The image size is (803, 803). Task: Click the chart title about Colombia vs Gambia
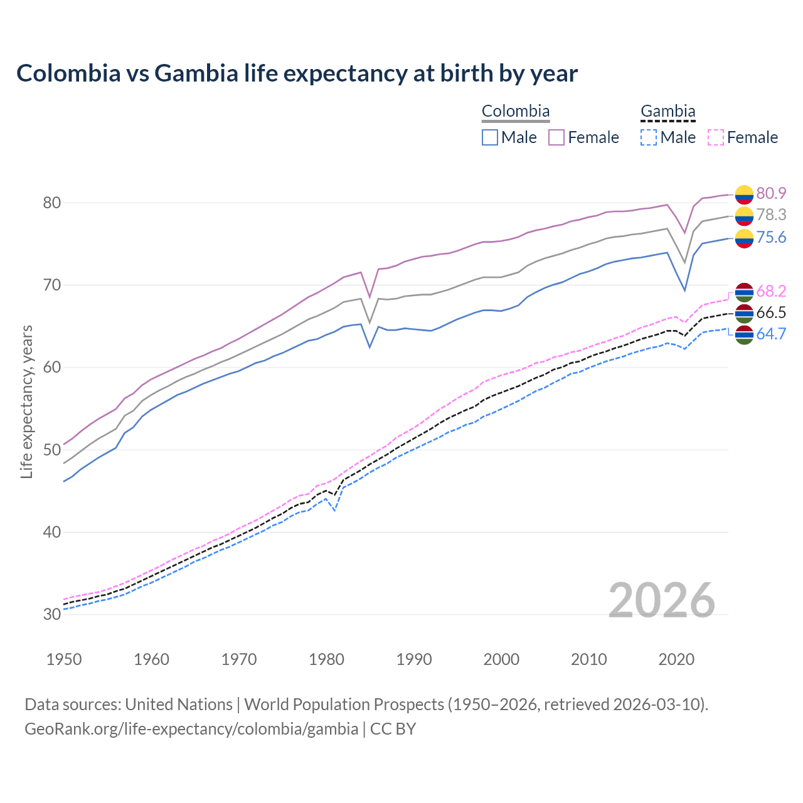(297, 73)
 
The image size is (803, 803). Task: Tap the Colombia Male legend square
(490, 137)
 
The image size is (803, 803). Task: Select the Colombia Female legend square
(556, 137)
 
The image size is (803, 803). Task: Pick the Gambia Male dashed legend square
(649, 137)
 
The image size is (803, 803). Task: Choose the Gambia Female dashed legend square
(716, 137)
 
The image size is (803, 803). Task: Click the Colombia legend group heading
(516, 112)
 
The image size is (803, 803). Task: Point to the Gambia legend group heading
(667, 112)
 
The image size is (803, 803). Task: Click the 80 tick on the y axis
(52, 203)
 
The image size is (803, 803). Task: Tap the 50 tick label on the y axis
(52, 450)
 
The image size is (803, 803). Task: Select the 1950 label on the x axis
(64, 659)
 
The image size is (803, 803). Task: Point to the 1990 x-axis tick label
(414, 659)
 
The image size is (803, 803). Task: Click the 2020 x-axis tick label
(676, 659)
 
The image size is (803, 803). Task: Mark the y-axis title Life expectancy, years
(27, 401)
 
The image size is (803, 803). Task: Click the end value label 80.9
(771, 193)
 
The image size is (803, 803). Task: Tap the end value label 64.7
(771, 334)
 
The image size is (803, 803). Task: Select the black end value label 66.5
(771, 312)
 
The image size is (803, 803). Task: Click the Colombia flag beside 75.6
(744, 238)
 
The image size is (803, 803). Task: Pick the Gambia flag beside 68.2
(744, 292)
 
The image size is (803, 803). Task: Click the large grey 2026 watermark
(662, 600)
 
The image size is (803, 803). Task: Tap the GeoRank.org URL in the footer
(191, 729)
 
